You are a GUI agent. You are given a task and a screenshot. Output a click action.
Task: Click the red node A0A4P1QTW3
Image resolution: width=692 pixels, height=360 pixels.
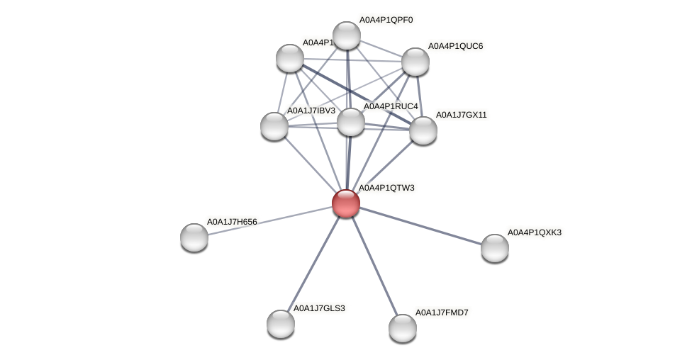(x=346, y=203)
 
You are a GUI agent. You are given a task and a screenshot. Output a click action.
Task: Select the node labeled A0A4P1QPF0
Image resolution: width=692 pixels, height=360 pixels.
(x=347, y=35)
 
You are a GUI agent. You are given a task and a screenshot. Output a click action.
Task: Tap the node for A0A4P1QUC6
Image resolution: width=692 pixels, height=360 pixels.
(x=415, y=62)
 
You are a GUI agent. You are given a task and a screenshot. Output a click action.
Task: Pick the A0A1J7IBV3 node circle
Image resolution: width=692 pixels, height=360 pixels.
(x=274, y=126)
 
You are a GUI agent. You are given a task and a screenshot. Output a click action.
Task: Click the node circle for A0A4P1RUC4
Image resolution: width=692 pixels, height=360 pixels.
(x=351, y=122)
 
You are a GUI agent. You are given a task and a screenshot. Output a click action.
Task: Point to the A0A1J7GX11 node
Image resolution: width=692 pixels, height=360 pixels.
(x=423, y=130)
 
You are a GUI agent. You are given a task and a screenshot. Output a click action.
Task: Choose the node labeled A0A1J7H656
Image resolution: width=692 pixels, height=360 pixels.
(x=194, y=237)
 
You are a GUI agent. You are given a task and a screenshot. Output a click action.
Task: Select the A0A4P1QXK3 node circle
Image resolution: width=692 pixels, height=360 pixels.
(x=495, y=248)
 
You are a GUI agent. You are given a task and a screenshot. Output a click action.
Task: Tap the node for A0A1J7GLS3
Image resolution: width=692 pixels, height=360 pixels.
(x=281, y=324)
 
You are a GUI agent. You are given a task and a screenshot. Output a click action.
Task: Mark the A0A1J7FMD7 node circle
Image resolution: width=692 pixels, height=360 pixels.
(x=403, y=328)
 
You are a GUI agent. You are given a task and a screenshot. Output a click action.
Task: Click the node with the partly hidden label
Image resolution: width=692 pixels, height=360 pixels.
(x=289, y=57)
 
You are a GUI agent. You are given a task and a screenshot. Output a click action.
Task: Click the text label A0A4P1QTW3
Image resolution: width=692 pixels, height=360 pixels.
(x=386, y=188)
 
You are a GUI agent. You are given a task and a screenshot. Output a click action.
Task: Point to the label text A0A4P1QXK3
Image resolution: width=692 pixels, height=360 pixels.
(x=534, y=232)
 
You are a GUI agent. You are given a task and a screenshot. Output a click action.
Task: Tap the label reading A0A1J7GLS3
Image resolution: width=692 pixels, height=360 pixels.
(x=319, y=308)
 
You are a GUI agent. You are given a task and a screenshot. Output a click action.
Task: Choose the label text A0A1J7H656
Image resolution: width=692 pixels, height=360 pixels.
(x=232, y=222)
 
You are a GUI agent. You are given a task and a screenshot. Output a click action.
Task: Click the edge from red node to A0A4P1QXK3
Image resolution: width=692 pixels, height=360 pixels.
(x=420, y=226)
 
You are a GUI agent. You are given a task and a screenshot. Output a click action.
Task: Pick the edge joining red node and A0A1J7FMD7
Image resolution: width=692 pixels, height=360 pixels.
(x=374, y=266)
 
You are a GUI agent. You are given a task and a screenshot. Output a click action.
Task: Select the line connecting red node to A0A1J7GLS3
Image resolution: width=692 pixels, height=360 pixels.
(x=313, y=264)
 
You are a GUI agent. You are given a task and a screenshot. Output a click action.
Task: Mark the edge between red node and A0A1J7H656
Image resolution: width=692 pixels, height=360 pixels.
(x=270, y=220)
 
